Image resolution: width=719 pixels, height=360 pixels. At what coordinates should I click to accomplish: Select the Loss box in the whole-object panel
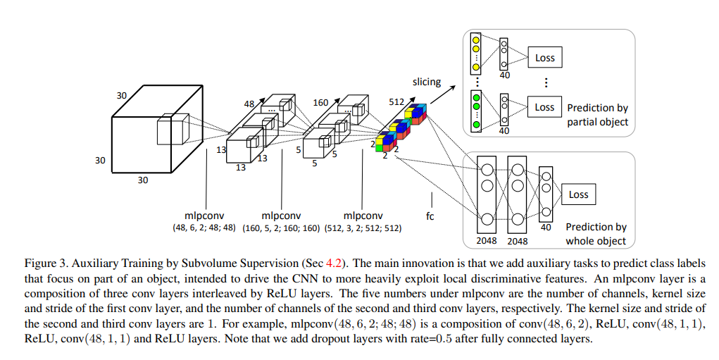[x=578, y=194]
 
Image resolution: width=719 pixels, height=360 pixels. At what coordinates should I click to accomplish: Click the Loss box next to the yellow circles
[x=544, y=58]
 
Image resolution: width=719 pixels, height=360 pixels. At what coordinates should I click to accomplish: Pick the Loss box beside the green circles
[x=544, y=107]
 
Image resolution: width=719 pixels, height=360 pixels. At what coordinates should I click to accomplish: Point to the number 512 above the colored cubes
[x=396, y=101]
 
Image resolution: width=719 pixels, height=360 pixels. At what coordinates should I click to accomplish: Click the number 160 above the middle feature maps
[x=320, y=103]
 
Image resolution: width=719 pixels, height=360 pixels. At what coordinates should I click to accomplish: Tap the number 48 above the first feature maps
[x=249, y=104]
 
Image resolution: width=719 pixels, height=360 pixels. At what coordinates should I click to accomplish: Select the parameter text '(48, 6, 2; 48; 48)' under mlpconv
[x=206, y=228]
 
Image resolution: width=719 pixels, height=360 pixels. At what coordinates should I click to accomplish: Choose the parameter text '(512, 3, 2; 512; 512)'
[x=363, y=228]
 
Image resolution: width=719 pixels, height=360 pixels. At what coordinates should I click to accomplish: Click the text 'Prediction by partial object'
[x=597, y=115]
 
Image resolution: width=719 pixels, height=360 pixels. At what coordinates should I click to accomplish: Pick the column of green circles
[x=476, y=111]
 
